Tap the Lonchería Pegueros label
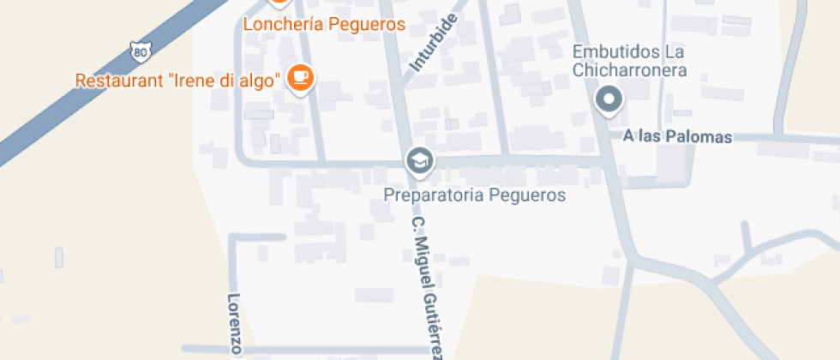[x=324, y=24]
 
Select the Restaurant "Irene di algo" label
[x=178, y=81]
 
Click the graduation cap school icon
[x=419, y=160]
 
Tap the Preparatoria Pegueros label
[x=474, y=195]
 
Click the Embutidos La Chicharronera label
[x=631, y=61]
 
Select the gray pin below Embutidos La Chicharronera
[x=609, y=100]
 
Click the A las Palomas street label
[x=678, y=136]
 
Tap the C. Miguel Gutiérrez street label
[x=428, y=285]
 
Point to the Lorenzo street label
[x=234, y=324]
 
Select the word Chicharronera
[x=631, y=70]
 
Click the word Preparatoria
[x=434, y=195]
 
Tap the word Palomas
[x=702, y=136]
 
